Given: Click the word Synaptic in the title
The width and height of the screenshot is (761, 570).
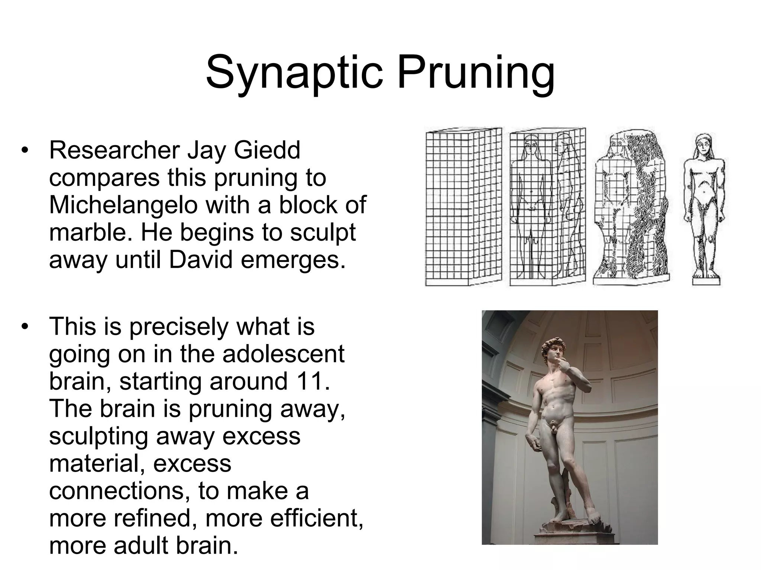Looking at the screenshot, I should [294, 72].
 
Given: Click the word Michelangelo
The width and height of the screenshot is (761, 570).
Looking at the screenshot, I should [123, 205].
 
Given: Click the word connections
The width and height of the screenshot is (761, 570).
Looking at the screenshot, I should [117, 491].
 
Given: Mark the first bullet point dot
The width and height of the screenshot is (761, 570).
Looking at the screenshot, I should [25, 150].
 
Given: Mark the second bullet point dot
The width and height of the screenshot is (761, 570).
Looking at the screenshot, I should [25, 327].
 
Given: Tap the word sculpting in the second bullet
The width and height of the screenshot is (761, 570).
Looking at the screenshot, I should [98, 436].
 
